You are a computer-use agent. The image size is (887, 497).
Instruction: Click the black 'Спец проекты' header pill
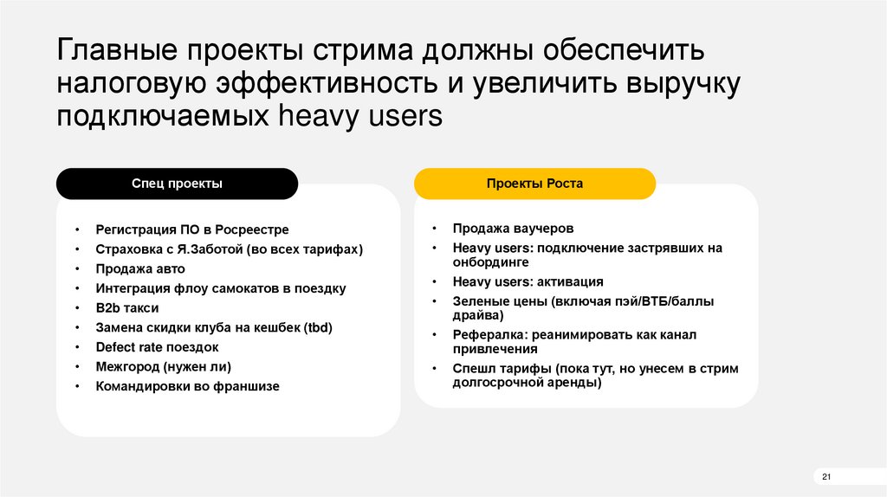click(177, 184)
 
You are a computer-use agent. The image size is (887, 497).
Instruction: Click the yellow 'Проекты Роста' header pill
click(534, 184)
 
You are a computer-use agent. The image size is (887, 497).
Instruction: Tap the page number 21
click(825, 478)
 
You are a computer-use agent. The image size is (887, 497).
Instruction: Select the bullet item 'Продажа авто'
click(140, 268)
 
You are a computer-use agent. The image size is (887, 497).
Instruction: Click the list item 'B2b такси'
click(127, 307)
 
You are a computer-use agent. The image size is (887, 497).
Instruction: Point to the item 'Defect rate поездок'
click(157, 346)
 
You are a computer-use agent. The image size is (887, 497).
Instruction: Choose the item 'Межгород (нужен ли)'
click(163, 366)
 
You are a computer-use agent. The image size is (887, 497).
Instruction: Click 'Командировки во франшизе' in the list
click(187, 386)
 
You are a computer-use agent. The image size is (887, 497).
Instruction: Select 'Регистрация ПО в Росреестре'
click(192, 229)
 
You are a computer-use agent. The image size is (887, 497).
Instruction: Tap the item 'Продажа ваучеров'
click(513, 229)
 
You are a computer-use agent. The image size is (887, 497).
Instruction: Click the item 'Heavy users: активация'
click(528, 281)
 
